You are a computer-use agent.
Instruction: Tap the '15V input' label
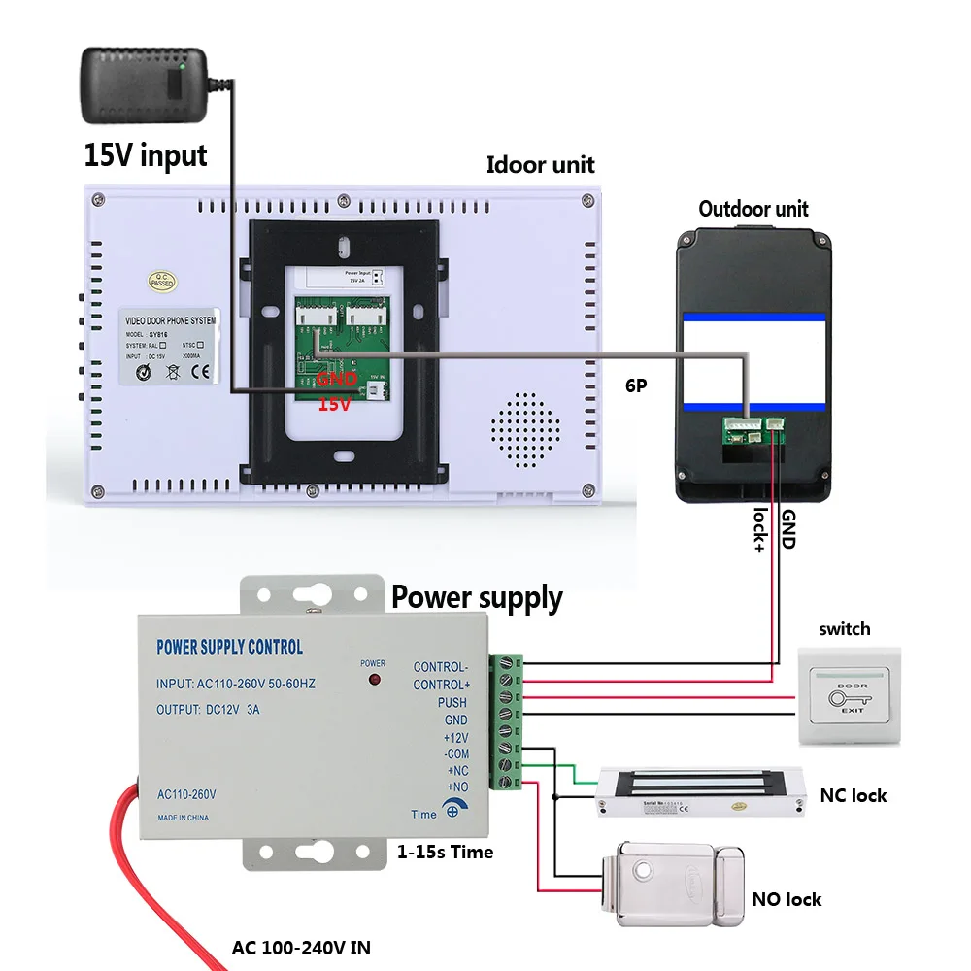[146, 155]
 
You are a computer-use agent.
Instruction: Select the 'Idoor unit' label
[540, 164]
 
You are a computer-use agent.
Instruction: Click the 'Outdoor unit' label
[753, 208]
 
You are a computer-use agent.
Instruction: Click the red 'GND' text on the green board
[337, 380]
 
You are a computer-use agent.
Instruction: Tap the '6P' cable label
[636, 385]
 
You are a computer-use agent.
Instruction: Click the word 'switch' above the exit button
[844, 629]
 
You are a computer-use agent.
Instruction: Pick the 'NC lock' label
[854, 795]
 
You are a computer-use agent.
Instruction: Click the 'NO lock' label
[787, 899]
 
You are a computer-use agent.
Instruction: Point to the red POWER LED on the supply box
[373, 683]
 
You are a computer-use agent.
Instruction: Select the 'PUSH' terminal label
[452, 702]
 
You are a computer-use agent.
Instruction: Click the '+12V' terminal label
[455, 737]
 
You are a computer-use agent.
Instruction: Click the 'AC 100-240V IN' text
[301, 947]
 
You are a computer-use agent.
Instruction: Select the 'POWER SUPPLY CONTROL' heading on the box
[229, 647]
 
